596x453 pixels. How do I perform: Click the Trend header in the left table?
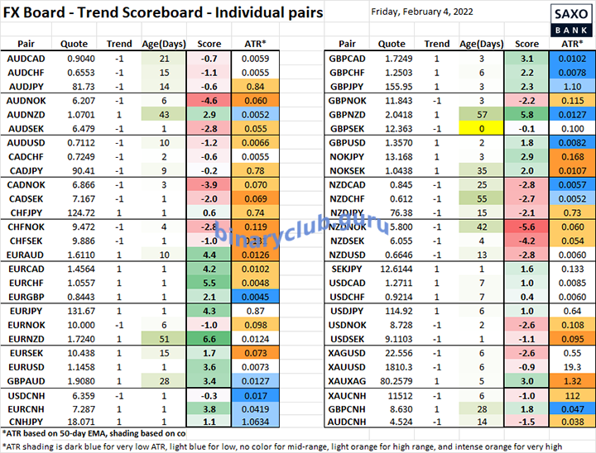[x=119, y=44]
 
